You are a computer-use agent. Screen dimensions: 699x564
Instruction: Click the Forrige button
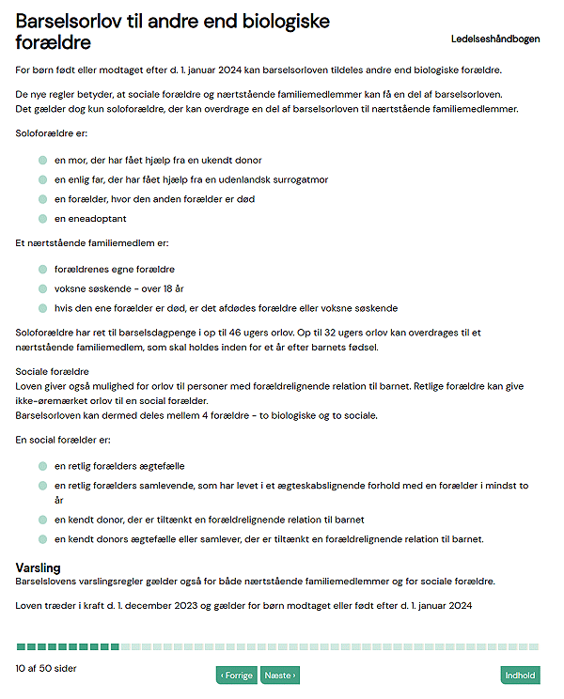[237, 675]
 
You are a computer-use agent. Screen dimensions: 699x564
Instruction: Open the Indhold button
[520, 675]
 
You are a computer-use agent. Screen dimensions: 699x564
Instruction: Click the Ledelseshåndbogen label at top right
[495, 39]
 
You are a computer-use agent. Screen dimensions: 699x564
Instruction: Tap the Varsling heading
[39, 568]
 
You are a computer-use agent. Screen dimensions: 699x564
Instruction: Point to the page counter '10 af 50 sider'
[46, 668]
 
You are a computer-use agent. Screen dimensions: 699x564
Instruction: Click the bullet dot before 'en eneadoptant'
[43, 218]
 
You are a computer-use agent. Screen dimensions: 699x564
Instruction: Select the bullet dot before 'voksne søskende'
[43, 288]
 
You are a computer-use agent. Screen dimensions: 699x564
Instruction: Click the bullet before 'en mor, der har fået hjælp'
[43, 161]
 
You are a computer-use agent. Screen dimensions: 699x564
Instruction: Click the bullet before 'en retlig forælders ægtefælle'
[43, 466]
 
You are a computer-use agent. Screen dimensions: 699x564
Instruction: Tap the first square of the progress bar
[21, 646]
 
